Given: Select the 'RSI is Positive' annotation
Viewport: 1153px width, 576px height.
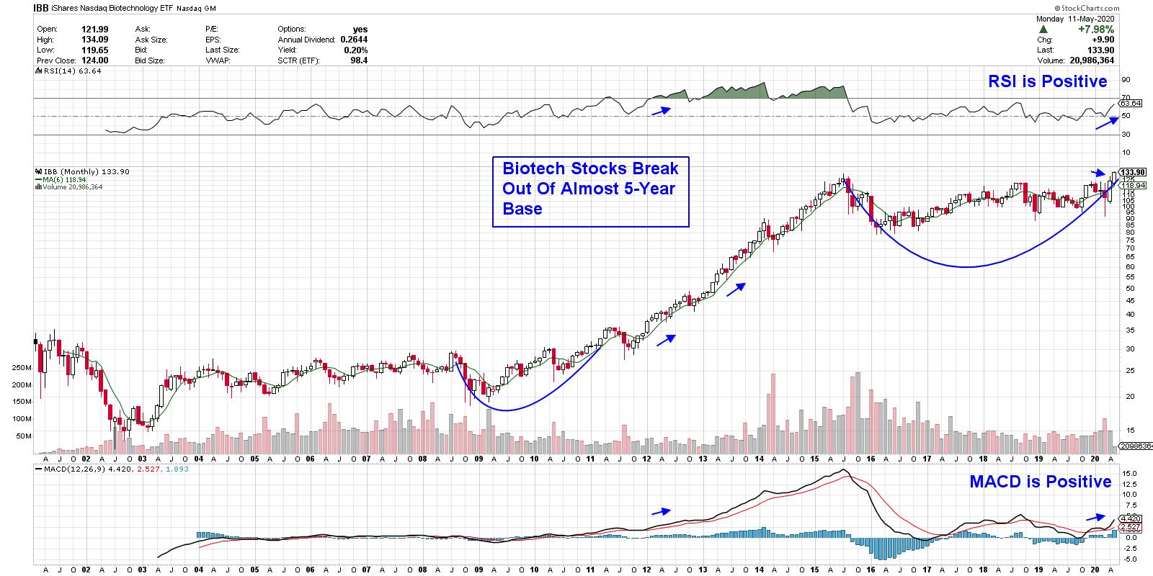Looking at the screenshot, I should (x=1047, y=81).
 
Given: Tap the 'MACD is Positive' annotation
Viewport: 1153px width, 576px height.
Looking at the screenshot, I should (x=1041, y=481).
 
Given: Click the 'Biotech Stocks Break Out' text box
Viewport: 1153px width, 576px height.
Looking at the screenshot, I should (x=590, y=192).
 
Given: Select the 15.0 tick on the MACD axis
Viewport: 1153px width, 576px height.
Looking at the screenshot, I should (x=1130, y=473).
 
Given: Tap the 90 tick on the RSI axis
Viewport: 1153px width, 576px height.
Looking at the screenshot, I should (x=1126, y=80).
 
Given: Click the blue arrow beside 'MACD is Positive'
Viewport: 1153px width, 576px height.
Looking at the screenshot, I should (x=1095, y=517).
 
